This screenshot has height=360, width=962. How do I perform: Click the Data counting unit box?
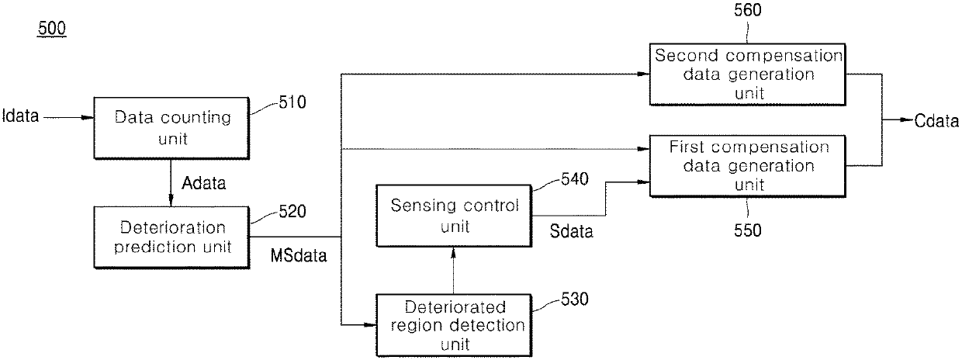[x=171, y=128]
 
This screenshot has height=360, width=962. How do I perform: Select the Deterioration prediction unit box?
[x=171, y=237]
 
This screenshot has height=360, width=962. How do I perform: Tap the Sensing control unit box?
[x=454, y=216]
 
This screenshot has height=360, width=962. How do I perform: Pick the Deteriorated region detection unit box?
[x=454, y=325]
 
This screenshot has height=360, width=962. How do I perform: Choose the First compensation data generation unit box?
[x=747, y=166]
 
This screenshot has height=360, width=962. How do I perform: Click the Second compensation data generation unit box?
[x=747, y=74]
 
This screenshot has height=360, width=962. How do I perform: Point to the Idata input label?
[x=21, y=116]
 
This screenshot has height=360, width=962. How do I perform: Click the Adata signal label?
[x=203, y=183]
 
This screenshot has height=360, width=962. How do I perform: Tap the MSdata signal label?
[x=299, y=255]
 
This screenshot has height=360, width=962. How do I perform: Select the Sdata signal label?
[x=571, y=231]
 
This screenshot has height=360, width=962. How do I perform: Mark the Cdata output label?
[x=936, y=121]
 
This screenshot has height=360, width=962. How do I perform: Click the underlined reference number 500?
[x=52, y=29]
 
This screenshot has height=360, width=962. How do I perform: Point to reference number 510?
[x=292, y=102]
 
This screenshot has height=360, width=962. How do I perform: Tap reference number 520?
[x=292, y=211]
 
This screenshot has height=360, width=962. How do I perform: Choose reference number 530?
[x=575, y=299]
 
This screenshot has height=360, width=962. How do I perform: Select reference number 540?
[x=575, y=178]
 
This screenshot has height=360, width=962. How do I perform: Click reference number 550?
[x=748, y=230]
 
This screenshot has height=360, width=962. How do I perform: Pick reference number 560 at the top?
[x=748, y=10]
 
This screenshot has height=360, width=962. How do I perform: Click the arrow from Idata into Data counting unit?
[x=69, y=117]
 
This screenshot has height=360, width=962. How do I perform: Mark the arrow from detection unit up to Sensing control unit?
[x=453, y=271]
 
